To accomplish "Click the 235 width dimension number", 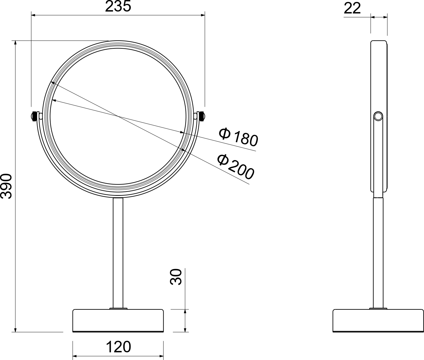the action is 118,6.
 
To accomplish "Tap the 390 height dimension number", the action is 6,186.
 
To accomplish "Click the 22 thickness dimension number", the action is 352,8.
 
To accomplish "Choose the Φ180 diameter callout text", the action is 238,137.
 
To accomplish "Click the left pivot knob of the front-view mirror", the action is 34,117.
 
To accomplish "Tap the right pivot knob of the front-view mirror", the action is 202,117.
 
